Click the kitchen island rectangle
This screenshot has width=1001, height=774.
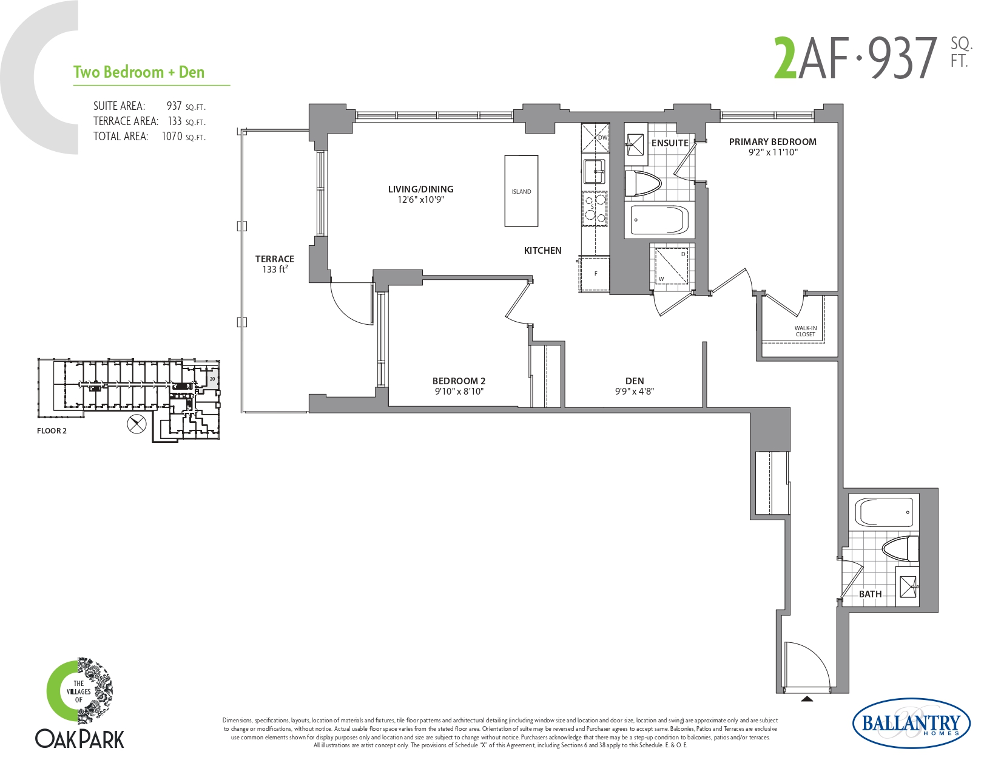pos(521,191)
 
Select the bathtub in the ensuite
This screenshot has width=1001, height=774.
pos(659,220)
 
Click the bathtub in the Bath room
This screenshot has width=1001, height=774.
pos(884,512)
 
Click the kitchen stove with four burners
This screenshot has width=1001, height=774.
pos(595,209)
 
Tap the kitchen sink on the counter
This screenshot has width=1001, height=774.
pos(595,171)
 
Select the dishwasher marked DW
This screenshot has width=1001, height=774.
pos(595,137)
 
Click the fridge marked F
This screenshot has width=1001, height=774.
pos(595,274)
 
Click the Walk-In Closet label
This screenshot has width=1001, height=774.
pos(805,331)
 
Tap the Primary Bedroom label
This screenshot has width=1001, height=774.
pos(772,142)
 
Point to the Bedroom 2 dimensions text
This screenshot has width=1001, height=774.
pos(459,392)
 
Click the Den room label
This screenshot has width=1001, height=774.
pos(635,381)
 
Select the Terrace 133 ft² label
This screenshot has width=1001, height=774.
pos(275,264)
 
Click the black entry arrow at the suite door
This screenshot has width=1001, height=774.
pos(807,699)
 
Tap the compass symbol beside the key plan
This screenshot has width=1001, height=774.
pos(136,424)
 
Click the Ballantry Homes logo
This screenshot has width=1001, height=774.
pos(912,723)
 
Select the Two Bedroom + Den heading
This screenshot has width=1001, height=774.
pos(139,72)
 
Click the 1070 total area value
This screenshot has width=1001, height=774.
pos(172,137)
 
